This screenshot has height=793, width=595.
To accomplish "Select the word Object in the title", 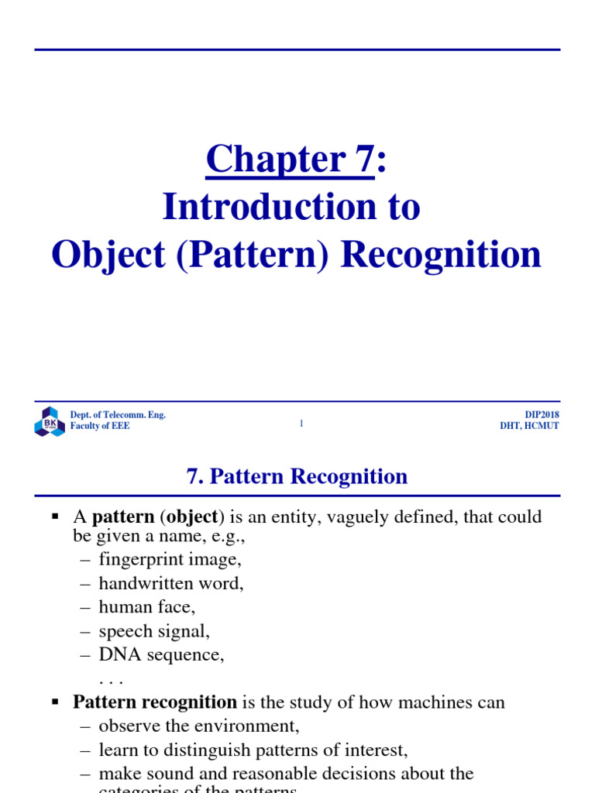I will [x=108, y=255].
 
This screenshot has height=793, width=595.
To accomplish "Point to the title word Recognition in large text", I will [x=442, y=255].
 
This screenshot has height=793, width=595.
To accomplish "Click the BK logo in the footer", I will [x=49, y=421].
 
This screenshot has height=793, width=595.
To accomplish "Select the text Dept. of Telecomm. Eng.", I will [x=118, y=415].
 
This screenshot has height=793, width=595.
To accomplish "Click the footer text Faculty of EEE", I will [x=100, y=427].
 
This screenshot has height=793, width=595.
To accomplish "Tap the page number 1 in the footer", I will [x=301, y=423].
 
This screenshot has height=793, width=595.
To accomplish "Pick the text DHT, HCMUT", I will [x=529, y=427].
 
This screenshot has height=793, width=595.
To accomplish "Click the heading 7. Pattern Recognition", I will [x=297, y=476].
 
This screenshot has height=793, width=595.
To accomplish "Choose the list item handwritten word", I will [x=171, y=582].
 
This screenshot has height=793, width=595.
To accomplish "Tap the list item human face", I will [x=147, y=606].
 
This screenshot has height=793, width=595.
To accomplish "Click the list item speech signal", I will [x=154, y=630].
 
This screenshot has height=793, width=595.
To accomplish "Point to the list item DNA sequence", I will [x=161, y=654].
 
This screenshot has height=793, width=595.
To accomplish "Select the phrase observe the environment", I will [x=199, y=726].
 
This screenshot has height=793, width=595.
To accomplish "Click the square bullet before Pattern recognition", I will [x=55, y=702].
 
